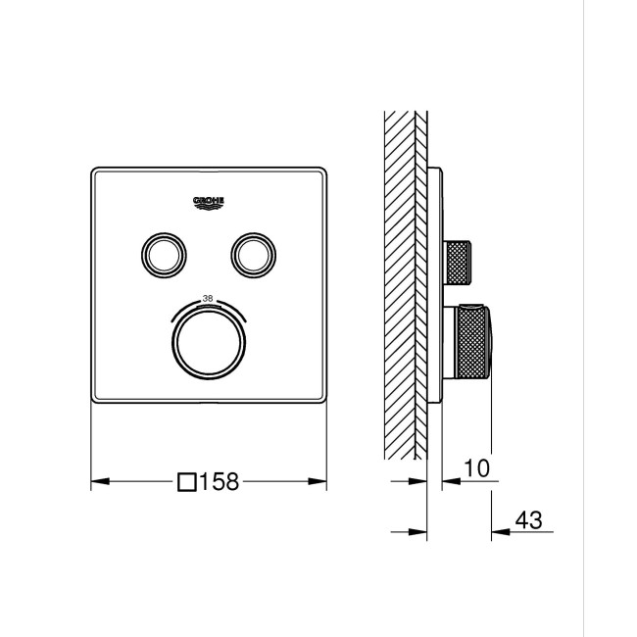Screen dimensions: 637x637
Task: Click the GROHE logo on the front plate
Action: tap(209, 201)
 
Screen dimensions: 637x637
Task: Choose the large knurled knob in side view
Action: tap(469, 342)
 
